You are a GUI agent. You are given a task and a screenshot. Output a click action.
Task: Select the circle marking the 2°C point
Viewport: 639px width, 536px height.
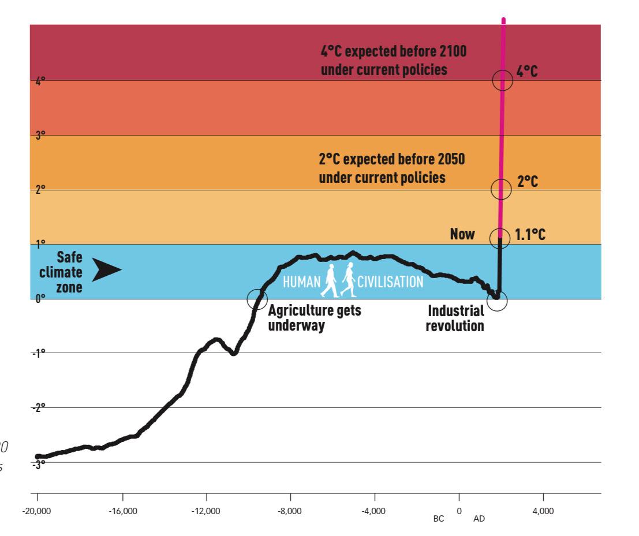(500, 188)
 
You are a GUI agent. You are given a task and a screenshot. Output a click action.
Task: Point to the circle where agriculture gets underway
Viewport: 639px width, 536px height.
(257, 299)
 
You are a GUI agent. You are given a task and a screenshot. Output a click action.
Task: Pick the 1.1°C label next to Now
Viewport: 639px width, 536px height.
(530, 235)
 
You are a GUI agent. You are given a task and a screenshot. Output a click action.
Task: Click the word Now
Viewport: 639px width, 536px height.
(463, 235)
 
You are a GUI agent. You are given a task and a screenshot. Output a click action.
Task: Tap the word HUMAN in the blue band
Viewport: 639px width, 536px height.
(300, 282)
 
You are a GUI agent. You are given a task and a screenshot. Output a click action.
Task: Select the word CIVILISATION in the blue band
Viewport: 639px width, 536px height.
(391, 282)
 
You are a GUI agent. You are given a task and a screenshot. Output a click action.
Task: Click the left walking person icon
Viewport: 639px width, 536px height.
(330, 280)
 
